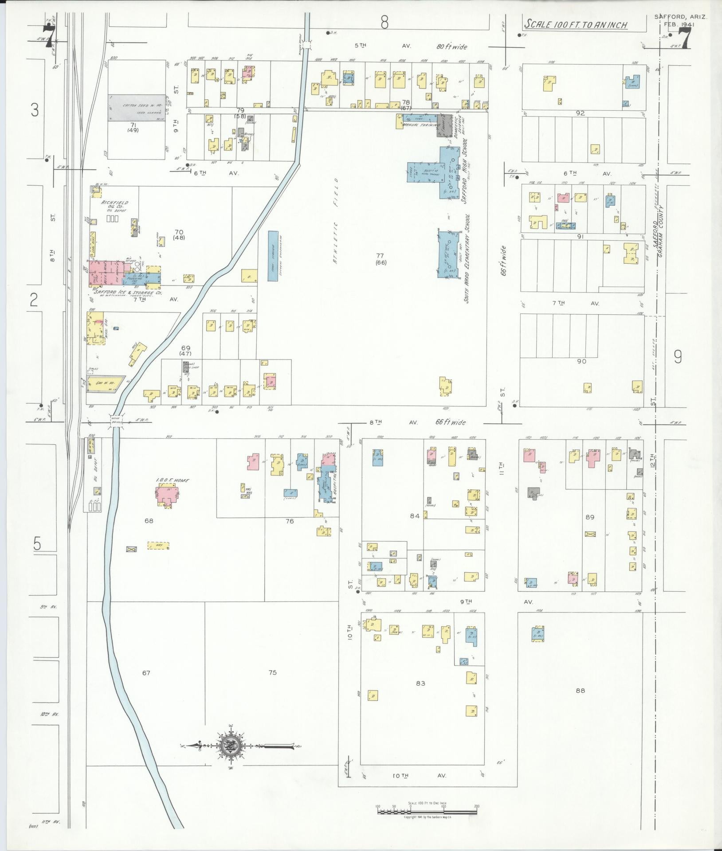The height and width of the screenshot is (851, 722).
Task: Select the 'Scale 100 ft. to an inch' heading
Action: [x=576, y=24]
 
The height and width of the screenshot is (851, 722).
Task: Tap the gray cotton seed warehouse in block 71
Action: [x=136, y=107]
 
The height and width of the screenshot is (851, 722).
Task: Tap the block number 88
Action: [x=580, y=703]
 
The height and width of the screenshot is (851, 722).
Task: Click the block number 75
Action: [x=272, y=685]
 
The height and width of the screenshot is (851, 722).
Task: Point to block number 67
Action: [x=146, y=685]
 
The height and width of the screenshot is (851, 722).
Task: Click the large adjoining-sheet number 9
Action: [x=678, y=357]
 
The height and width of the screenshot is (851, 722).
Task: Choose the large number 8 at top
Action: [x=384, y=22]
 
